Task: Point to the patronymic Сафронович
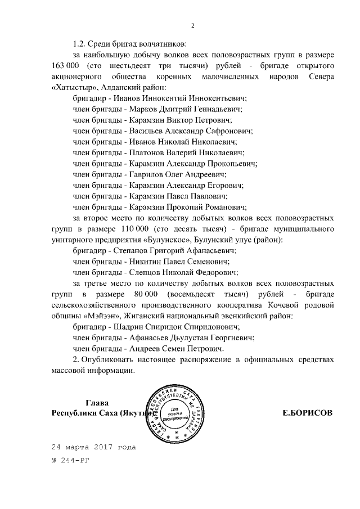227,130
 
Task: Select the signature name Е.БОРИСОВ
307,413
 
